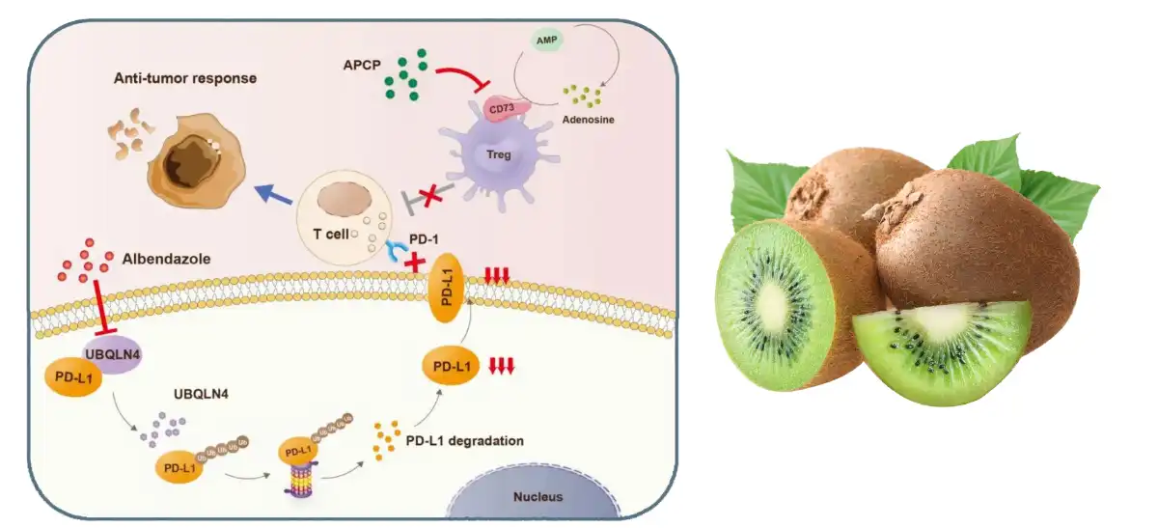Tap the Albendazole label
pyautogui.click(x=167, y=259)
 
